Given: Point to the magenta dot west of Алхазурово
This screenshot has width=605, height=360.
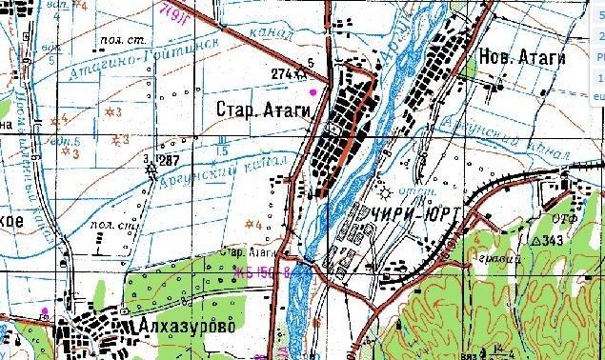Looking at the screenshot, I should (x=44, y=311).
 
